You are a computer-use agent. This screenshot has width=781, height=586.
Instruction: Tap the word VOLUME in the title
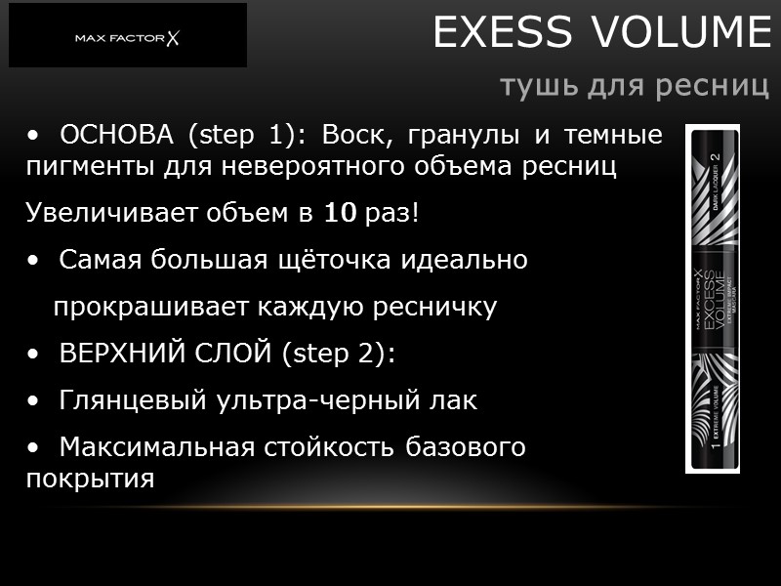(x=674, y=34)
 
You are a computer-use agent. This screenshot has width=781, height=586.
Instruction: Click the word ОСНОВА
(x=119, y=134)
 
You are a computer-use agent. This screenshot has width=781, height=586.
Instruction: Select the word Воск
(x=355, y=134)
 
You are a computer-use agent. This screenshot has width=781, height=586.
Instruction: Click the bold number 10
(x=341, y=213)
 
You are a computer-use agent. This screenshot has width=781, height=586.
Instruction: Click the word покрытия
(x=90, y=480)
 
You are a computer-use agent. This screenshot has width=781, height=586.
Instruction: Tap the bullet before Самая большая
(x=35, y=261)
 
